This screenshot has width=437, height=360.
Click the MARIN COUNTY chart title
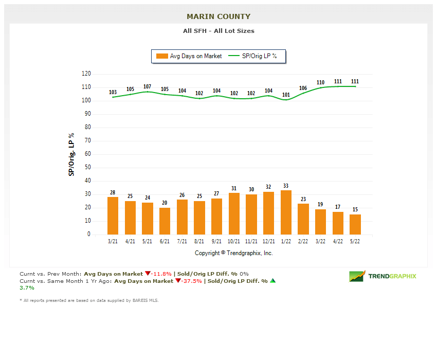click(x=219, y=16)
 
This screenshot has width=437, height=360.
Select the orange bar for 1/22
click(x=286, y=212)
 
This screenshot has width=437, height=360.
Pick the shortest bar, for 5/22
click(x=355, y=225)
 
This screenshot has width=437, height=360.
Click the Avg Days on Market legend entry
click(x=190, y=56)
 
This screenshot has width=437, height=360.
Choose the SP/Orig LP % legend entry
click(x=253, y=56)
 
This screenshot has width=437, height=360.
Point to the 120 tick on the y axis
click(x=86, y=74)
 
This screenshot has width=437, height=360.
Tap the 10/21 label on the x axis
click(x=234, y=241)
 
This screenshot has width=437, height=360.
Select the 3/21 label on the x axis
click(x=113, y=241)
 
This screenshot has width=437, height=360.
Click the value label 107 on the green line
click(x=148, y=86)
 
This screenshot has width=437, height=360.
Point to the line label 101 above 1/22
click(x=286, y=95)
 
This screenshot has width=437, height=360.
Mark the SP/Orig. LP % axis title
click(x=71, y=154)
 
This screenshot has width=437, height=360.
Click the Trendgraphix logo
click(x=383, y=276)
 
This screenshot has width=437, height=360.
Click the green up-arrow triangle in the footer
click(x=273, y=281)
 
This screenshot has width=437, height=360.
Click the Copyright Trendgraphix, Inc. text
click(x=234, y=253)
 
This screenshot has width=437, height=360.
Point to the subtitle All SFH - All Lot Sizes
click(x=219, y=31)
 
